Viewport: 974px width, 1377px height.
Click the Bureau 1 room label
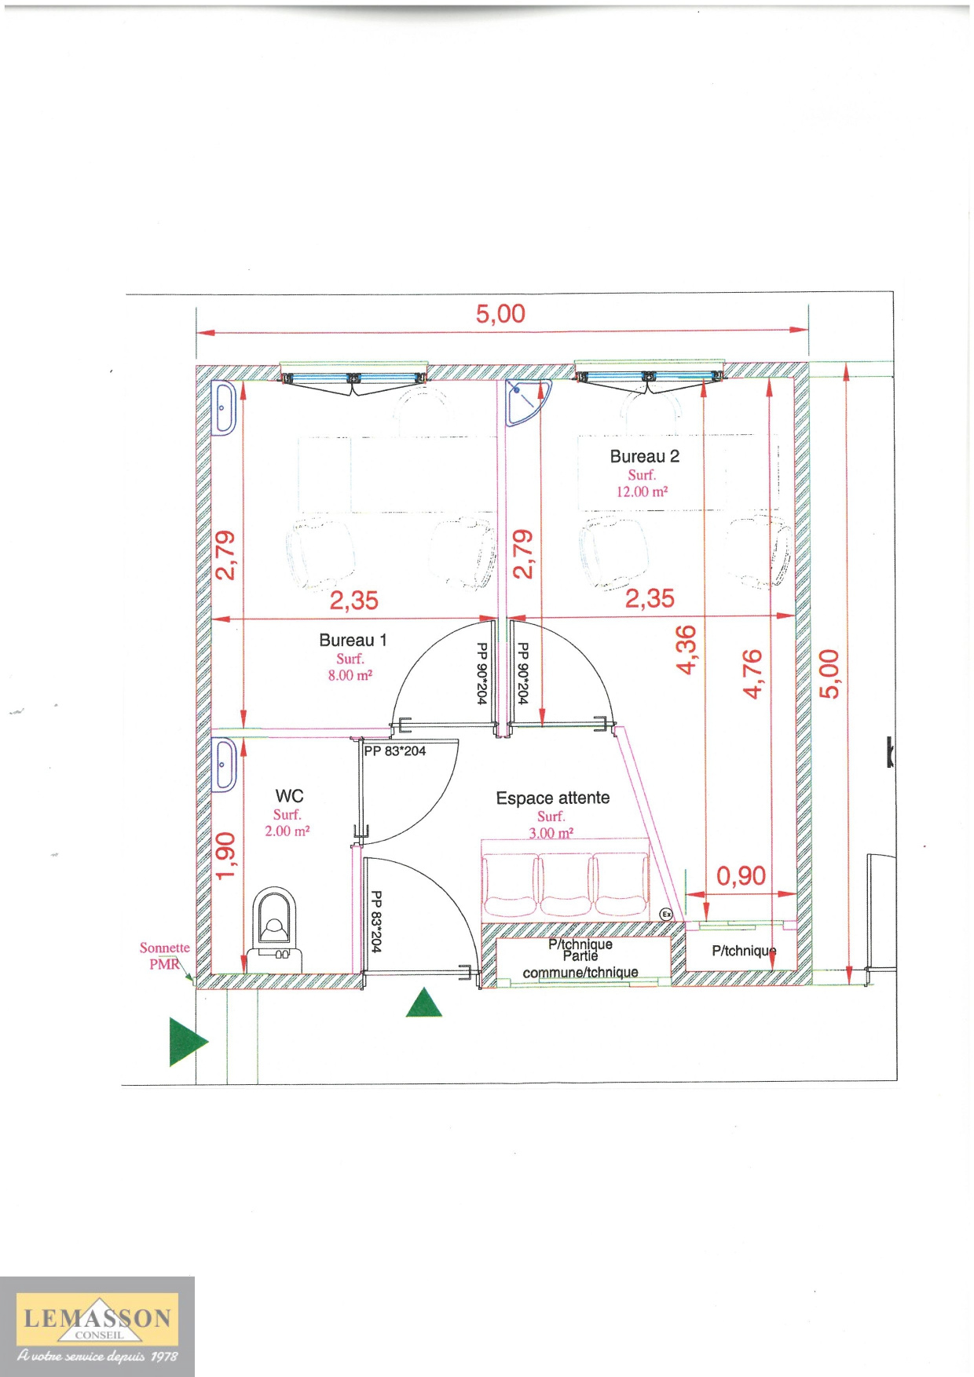click(x=353, y=640)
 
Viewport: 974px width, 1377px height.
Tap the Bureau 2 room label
click(x=644, y=456)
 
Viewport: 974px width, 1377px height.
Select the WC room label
click(x=289, y=796)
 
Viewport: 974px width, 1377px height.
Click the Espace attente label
click(x=552, y=798)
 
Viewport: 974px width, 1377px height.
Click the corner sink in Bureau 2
click(x=525, y=400)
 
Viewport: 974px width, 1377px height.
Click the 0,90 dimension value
click(x=741, y=875)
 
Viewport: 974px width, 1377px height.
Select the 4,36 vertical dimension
click(x=686, y=649)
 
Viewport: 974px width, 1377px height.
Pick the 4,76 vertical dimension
click(x=752, y=674)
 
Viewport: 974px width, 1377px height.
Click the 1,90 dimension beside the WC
click(x=225, y=856)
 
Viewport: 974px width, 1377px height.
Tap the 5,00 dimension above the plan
click(x=500, y=314)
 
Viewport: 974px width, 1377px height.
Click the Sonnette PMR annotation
click(x=165, y=956)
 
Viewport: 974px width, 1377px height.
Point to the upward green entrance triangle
click(x=424, y=1003)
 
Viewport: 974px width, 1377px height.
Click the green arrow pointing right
click(x=187, y=1042)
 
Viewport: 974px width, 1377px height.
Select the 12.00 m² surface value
click(x=642, y=491)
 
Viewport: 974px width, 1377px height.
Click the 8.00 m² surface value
click(x=350, y=675)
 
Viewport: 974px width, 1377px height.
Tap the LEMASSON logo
click(x=97, y=1326)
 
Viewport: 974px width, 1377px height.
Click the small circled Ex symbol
click(x=666, y=914)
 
